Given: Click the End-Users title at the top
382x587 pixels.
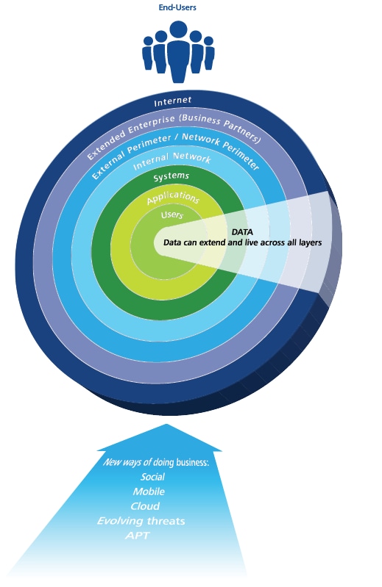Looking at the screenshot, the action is coord(177,7).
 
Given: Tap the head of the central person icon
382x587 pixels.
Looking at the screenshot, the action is coord(178,30).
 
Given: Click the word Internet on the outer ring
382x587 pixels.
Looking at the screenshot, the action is coord(173,101).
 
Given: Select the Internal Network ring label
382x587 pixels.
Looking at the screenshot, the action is coord(172,160).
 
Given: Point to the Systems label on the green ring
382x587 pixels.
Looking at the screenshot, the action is coord(171,176).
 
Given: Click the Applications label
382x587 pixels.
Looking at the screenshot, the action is coord(173,198).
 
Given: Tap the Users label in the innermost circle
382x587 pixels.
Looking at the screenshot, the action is coord(172,215).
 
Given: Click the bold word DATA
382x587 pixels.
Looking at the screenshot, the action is coord(242,232).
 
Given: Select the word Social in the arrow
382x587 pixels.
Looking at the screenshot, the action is coord(152,477).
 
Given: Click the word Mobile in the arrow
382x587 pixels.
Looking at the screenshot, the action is coord(149,491).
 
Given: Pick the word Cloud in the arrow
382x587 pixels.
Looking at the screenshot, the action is coord(145,506).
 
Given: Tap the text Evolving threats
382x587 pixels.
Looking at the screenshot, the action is coord(141,521).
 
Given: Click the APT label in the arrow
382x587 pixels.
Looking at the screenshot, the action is coord(138,536).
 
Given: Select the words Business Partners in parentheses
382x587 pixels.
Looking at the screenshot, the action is coord(220,127).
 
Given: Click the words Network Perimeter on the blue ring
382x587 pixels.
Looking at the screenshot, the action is coord(222,151).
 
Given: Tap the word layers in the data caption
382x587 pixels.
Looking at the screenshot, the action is coord(310,242).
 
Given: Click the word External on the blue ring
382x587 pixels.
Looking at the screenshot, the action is coord(108,164).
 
